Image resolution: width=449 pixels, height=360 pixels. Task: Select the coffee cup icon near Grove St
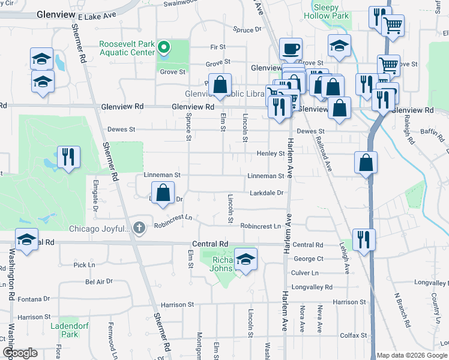(x=291, y=48)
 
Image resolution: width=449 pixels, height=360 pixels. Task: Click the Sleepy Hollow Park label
(x=334, y=12)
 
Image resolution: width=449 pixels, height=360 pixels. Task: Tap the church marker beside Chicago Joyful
(x=140, y=228)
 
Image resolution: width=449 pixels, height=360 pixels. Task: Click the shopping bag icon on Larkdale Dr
(x=163, y=193)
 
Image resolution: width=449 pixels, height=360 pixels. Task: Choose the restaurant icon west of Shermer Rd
(x=68, y=157)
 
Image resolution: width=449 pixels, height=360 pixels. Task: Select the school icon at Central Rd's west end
(x=26, y=239)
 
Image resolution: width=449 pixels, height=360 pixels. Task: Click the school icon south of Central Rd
(x=245, y=260)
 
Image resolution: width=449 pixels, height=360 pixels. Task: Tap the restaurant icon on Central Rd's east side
(x=364, y=239)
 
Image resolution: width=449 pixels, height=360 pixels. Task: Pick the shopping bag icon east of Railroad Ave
(x=366, y=163)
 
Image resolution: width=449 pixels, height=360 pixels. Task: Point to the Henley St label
(x=270, y=154)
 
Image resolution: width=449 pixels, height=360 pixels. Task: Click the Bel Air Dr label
(x=99, y=281)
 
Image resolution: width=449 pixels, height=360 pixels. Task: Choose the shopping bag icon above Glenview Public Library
(x=220, y=85)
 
